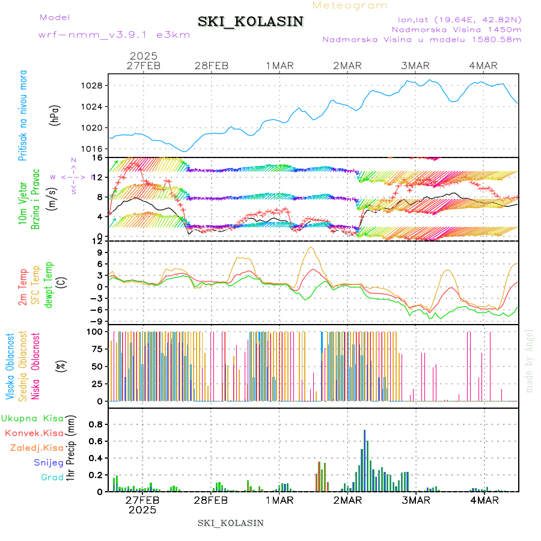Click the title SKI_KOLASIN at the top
(x=251, y=21)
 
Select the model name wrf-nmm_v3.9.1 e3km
(x=114, y=35)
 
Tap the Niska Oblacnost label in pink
(x=36, y=366)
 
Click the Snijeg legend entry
(x=49, y=462)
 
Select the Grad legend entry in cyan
(x=52, y=477)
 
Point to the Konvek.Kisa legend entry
(x=34, y=433)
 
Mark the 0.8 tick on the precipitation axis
(x=96, y=424)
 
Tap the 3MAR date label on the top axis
(x=415, y=66)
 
